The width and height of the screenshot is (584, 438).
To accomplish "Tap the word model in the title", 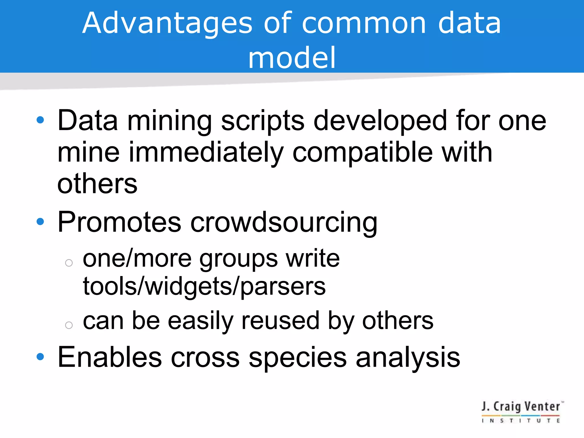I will click(x=292, y=58).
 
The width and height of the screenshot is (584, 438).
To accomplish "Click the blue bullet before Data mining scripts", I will click(x=40, y=120).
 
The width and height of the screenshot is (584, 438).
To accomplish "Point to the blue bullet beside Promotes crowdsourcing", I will click(x=40, y=222).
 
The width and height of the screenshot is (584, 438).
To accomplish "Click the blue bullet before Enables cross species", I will click(x=40, y=356).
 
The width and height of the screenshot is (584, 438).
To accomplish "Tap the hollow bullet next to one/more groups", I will click(x=69, y=263).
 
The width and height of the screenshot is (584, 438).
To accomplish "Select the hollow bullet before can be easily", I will click(x=69, y=325).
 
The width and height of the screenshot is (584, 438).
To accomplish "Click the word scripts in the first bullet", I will click(x=263, y=121).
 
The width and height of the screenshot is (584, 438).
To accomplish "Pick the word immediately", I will click(x=206, y=153).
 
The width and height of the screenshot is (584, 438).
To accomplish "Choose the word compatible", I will click(x=362, y=153).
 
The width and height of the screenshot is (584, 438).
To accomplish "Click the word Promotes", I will click(x=119, y=222).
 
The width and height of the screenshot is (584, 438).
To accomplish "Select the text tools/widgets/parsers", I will click(x=204, y=287).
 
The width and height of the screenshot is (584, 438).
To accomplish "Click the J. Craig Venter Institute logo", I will click(x=522, y=412).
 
